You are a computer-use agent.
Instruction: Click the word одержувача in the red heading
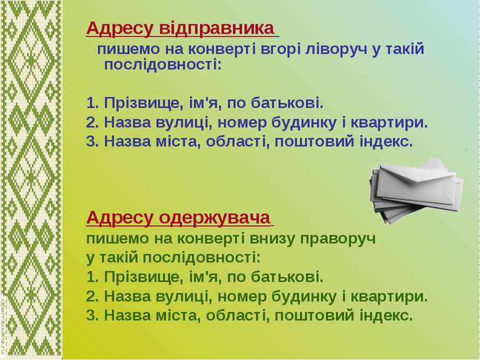pyautogui.click(x=215, y=218)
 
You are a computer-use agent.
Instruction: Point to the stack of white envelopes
pyautogui.click(x=416, y=190)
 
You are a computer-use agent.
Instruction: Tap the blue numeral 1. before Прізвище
pyautogui.click(x=93, y=103)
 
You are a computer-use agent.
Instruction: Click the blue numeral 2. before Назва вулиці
pyautogui.click(x=92, y=122)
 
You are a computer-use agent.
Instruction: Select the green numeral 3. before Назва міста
pyautogui.click(x=92, y=315)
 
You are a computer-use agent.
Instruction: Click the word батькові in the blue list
pyautogui.click(x=287, y=103)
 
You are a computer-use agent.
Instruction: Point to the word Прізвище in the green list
pyautogui.click(x=143, y=277)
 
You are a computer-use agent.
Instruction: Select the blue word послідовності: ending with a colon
pyautogui.click(x=163, y=65)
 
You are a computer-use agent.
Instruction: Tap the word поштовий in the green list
pyautogui.click(x=314, y=315)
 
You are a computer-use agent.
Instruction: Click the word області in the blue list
pyautogui.click(x=238, y=142)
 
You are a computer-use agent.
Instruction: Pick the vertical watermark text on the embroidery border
pyautogui.click(x=4, y=325)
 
